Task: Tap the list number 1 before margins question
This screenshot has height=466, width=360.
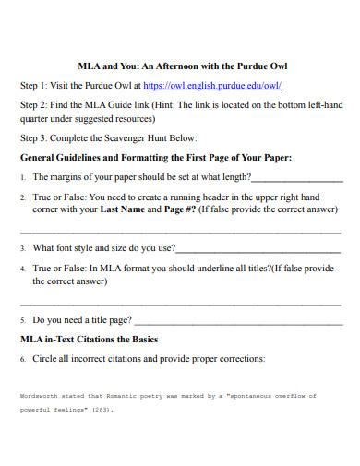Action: (x=23, y=178)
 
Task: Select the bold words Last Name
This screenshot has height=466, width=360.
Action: (x=126, y=209)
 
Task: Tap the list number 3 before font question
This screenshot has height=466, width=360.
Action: (x=23, y=248)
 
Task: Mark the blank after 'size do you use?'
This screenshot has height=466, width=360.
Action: (x=258, y=248)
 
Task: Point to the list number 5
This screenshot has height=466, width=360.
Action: (x=23, y=320)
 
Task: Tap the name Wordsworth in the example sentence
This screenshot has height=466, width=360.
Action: (x=40, y=396)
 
